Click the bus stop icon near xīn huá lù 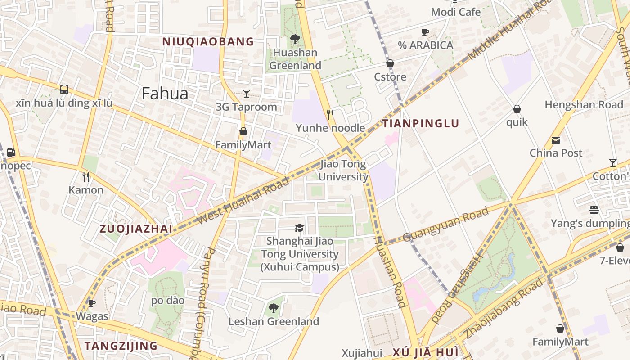[64, 89]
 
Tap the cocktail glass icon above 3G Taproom [247, 94]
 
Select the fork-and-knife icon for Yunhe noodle [330, 115]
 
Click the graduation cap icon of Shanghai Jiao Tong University [299, 228]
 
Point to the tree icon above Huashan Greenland [295, 39]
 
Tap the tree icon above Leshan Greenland [273, 308]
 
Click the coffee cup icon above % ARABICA [425, 32]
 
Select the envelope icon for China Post [556, 140]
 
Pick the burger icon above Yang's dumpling [594, 210]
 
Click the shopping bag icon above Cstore [390, 64]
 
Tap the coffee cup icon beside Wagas [92, 303]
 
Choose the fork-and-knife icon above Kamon [86, 177]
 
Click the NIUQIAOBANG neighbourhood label [208, 42]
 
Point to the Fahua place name [165, 94]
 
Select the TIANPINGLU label [421, 123]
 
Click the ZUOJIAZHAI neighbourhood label [135, 229]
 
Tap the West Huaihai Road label [243, 201]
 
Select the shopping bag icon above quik [517, 109]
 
